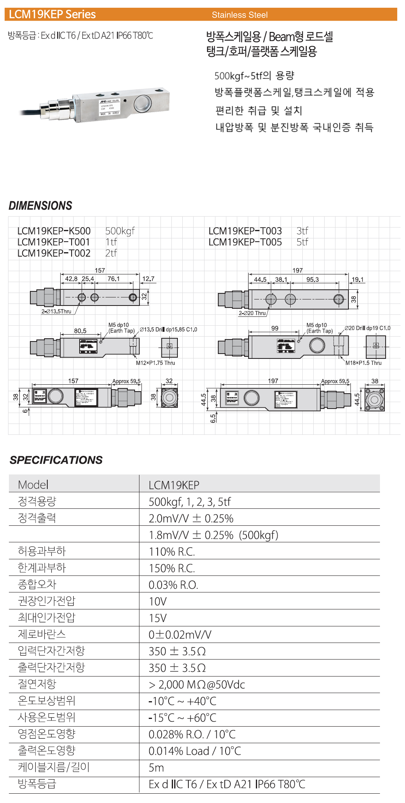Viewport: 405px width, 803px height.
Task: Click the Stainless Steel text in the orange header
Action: (240, 15)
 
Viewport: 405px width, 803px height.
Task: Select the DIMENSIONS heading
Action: (40, 206)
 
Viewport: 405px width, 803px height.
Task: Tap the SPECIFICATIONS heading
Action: (56, 460)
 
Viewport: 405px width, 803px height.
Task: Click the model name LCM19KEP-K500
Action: (54, 231)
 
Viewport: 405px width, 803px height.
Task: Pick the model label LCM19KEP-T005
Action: (245, 242)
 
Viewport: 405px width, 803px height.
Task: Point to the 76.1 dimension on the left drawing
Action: (114, 279)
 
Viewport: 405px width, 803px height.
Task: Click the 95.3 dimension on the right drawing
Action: (312, 280)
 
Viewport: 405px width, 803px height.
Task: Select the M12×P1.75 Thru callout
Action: (155, 363)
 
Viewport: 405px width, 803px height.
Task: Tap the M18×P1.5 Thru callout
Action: (363, 363)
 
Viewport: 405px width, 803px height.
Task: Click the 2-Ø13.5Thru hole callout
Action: (56, 312)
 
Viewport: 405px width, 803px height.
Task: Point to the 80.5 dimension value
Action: (80, 331)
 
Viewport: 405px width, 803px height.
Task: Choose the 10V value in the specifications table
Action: (158, 602)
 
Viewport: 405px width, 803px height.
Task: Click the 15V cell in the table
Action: (158, 618)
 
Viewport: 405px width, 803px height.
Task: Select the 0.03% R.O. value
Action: (173, 585)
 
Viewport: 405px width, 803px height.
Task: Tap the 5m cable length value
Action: (156, 768)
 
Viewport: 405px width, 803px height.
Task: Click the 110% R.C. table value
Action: (172, 552)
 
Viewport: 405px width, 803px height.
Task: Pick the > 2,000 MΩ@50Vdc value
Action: (197, 685)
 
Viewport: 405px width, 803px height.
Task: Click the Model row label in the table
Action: (33, 485)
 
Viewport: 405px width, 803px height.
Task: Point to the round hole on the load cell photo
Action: (143, 103)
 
